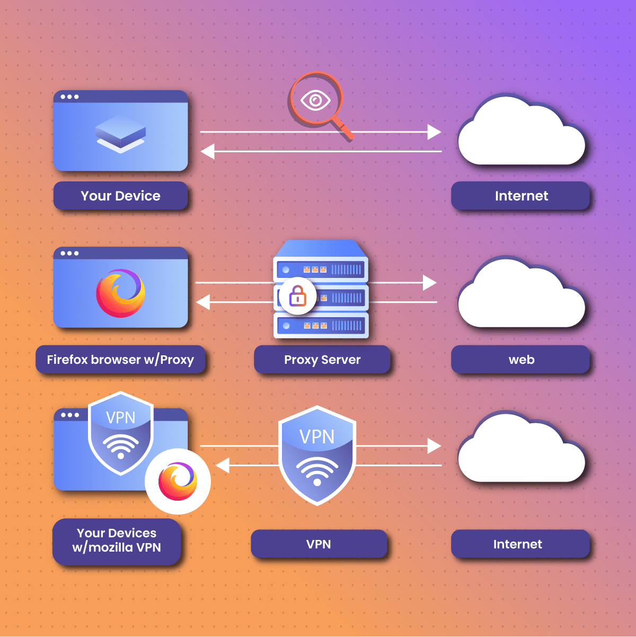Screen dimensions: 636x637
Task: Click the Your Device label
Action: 121,196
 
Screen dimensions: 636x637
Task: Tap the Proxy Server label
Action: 322,360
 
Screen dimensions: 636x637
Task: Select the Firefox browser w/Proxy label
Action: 120,360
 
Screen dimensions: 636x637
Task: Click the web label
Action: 521,360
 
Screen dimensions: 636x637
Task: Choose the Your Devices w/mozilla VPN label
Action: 117,540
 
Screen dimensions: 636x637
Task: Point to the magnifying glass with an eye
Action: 316,100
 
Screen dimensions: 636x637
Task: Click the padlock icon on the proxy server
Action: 298,296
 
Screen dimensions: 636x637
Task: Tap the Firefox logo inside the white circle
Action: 178,481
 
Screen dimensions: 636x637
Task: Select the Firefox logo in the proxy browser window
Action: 120,293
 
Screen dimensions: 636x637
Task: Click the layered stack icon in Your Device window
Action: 120,134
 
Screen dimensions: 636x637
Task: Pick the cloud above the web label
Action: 521,294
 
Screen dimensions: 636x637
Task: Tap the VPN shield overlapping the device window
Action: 121,432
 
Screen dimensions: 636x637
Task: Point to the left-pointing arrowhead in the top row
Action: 207,151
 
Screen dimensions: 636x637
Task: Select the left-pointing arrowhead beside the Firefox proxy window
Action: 203,302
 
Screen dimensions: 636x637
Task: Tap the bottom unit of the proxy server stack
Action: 321,325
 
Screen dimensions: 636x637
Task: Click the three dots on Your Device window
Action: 69,97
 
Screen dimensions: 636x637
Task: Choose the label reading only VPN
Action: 319,544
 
